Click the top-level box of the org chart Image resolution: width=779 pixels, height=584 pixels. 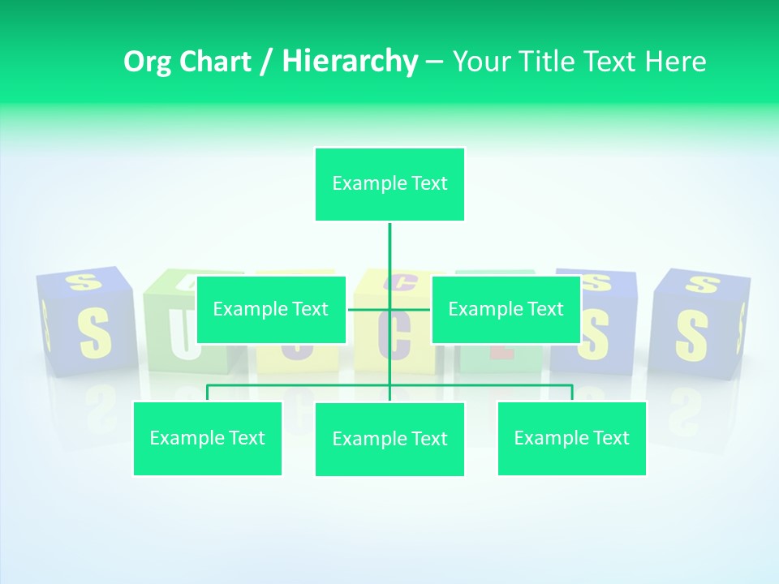pos(389,184)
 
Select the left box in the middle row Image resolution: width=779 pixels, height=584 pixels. pos(271,309)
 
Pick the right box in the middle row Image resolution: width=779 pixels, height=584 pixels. pos(506,309)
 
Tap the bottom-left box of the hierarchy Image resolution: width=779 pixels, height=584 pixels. pos(207,438)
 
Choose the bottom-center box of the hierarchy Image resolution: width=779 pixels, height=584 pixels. pos(389,439)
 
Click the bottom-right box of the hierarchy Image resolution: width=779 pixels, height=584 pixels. pos(571,438)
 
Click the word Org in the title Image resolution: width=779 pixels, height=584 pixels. pos(148,62)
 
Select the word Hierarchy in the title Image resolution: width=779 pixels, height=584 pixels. pos(349,62)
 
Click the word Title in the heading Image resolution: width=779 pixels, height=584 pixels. pos(552,62)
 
